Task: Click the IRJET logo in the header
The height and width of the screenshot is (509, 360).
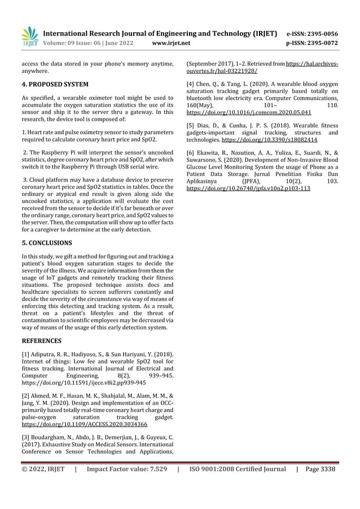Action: click(x=28, y=37)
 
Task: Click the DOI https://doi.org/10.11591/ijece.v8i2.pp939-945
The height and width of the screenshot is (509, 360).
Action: click(x=84, y=382)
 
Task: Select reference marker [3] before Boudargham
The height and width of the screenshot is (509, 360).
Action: click(x=27, y=437)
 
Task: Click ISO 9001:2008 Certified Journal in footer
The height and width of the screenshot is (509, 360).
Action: click(x=237, y=469)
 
